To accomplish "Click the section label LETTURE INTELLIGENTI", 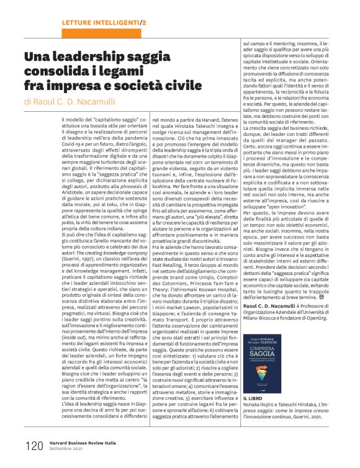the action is click(101, 22).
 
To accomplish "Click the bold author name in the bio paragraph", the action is click(268, 289).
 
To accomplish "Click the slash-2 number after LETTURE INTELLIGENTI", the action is click(143, 22).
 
